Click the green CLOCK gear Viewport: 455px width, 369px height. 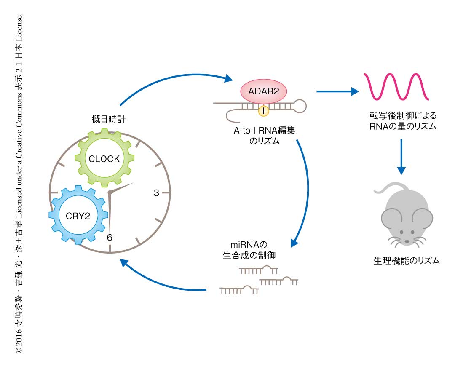104,159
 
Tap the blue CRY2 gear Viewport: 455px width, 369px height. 78,214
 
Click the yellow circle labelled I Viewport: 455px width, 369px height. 263,111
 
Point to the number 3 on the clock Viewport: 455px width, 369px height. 156,193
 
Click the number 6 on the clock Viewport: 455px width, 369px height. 110,238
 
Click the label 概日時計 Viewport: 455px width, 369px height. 110,119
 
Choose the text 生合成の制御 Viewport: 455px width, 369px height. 249,255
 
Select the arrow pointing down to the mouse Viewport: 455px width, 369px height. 401,156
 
